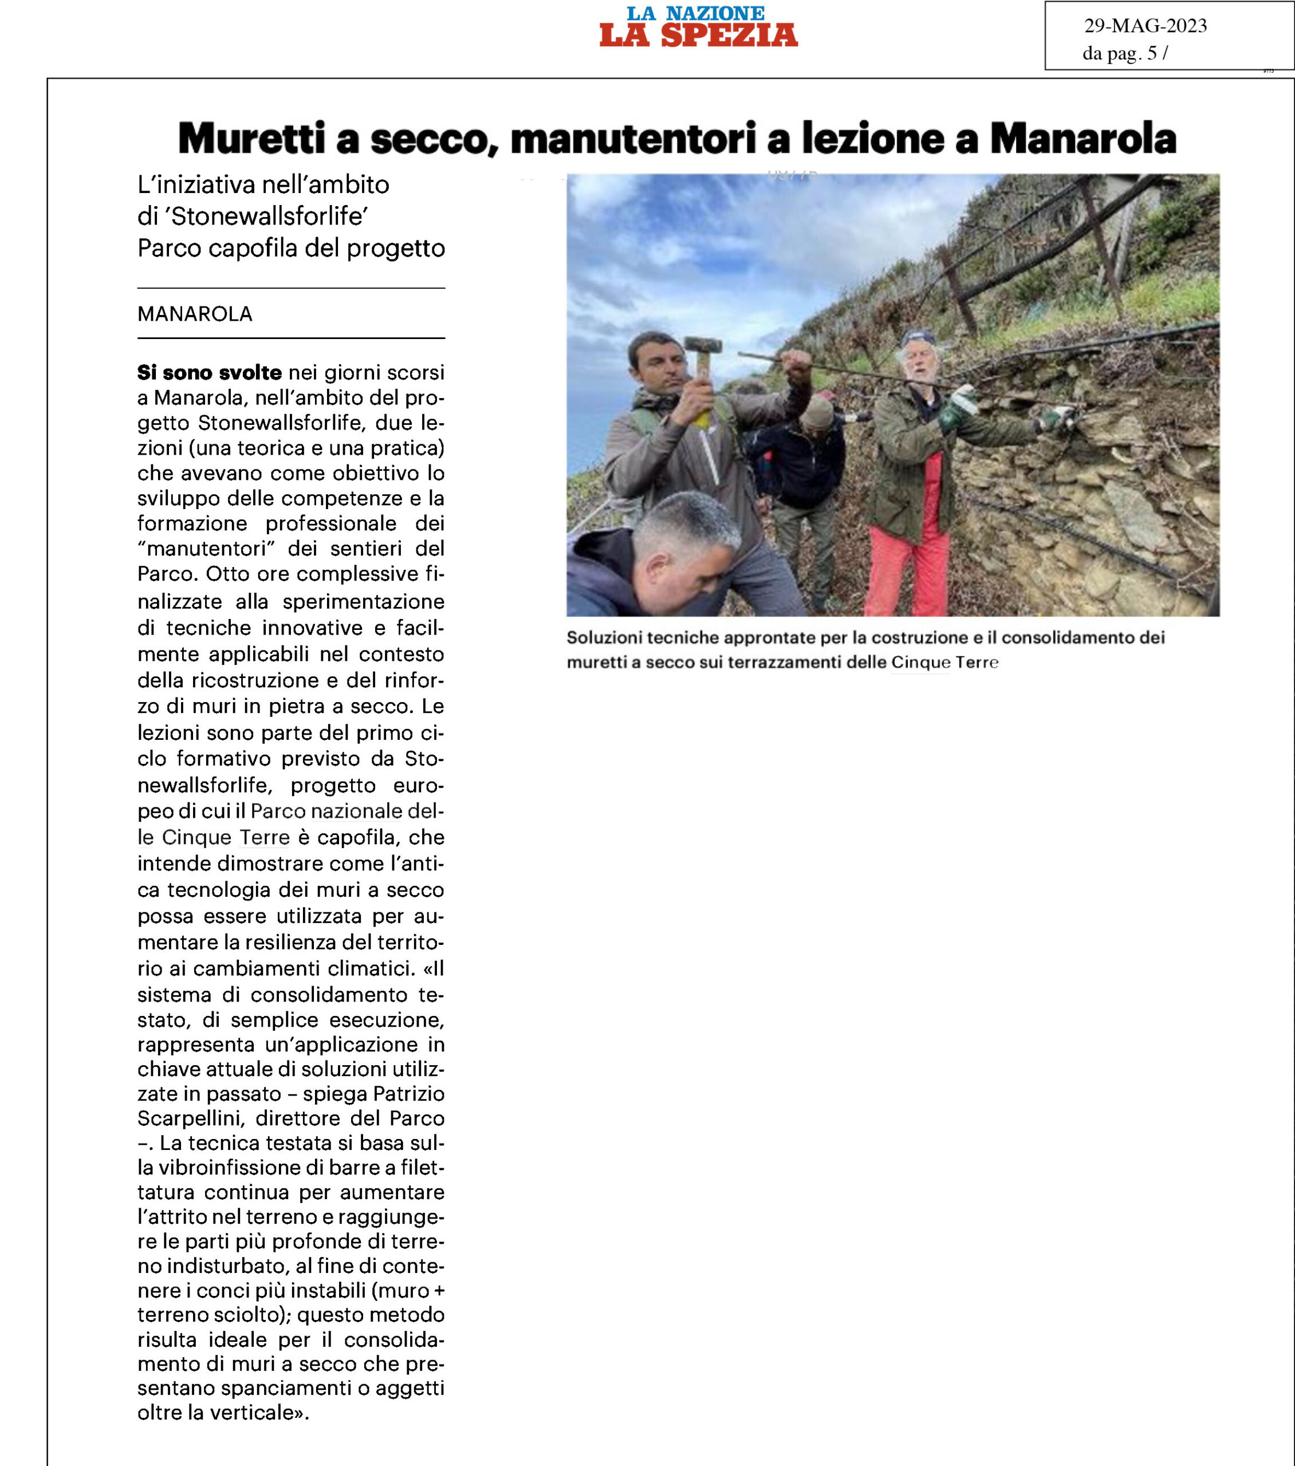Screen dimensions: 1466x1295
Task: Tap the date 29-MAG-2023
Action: tap(1145, 26)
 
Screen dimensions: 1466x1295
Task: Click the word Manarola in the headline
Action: tap(1083, 139)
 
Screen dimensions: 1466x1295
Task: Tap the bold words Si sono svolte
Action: tap(210, 373)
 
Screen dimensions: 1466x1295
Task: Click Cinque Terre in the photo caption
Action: tap(944, 662)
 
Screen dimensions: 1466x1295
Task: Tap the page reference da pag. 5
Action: tap(1124, 53)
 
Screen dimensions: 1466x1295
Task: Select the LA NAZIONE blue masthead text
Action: tap(695, 13)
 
